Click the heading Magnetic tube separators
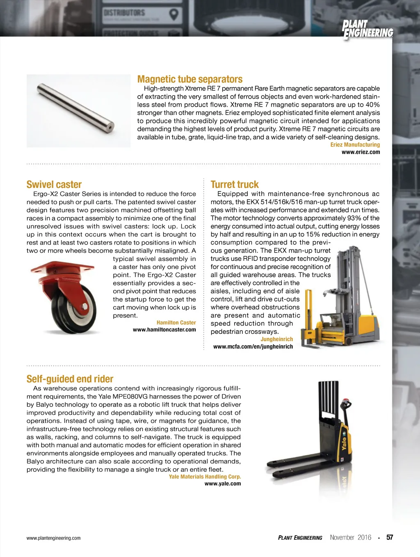(189, 79)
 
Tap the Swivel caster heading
(54, 185)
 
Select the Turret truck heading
(235, 185)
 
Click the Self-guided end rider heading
(70, 379)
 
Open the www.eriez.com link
(361, 152)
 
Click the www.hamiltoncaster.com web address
(164, 330)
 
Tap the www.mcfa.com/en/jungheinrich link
(253, 347)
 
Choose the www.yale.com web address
(223, 484)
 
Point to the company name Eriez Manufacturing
(355, 145)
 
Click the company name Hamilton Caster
(176, 323)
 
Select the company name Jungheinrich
(277, 339)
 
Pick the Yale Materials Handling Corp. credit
(205, 477)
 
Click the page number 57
(390, 537)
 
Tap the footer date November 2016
(350, 537)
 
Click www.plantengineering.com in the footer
(53, 538)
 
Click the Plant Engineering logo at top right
(367, 30)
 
